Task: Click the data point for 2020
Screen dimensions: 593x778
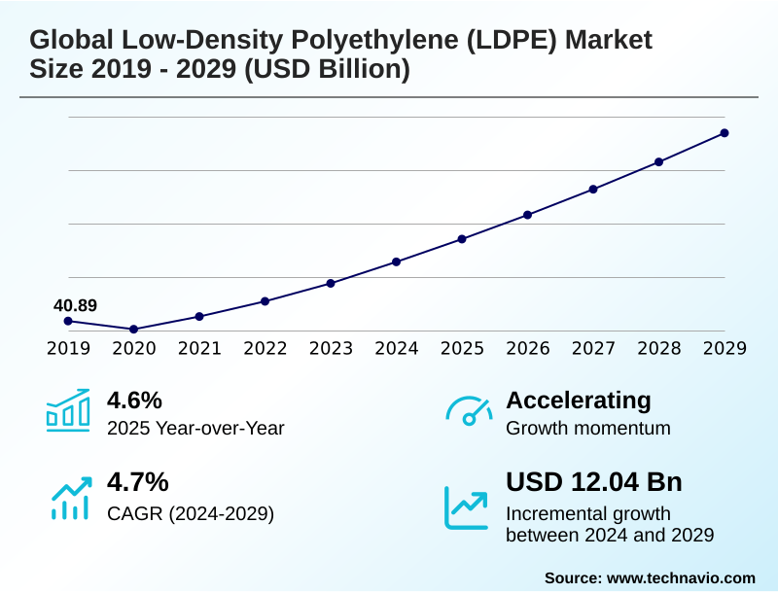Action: coord(134,330)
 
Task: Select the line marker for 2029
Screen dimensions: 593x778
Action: coord(725,133)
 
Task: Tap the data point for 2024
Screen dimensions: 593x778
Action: coord(397,262)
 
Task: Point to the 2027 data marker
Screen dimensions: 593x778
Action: coord(593,189)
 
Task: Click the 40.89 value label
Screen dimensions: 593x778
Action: coord(75,305)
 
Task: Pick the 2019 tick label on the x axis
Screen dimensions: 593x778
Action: coord(68,349)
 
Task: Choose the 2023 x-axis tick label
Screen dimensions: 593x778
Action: coord(331,349)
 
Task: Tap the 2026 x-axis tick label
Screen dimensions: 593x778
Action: coord(528,349)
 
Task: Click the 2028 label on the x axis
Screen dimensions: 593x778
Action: coord(659,349)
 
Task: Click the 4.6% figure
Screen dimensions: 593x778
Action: coord(134,400)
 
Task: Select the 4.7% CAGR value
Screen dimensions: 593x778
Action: coord(137,482)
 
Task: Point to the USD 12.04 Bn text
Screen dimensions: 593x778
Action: coord(594,482)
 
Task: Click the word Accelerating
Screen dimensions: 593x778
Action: coord(579,400)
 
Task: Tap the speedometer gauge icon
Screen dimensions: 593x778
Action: coord(468,410)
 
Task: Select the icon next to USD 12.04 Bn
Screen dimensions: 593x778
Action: coord(467,506)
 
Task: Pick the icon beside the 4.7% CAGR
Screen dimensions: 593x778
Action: coord(70,497)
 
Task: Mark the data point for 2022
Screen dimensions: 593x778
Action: coord(265,301)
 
